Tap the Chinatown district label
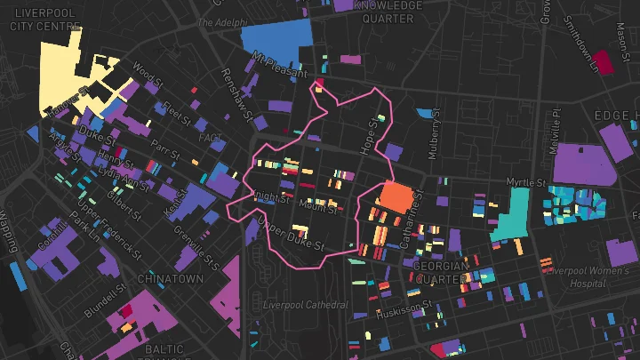coord(166,278)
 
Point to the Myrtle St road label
coord(524,182)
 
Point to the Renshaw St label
coord(237,93)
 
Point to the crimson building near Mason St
coord(604,61)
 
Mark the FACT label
coord(211,139)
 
